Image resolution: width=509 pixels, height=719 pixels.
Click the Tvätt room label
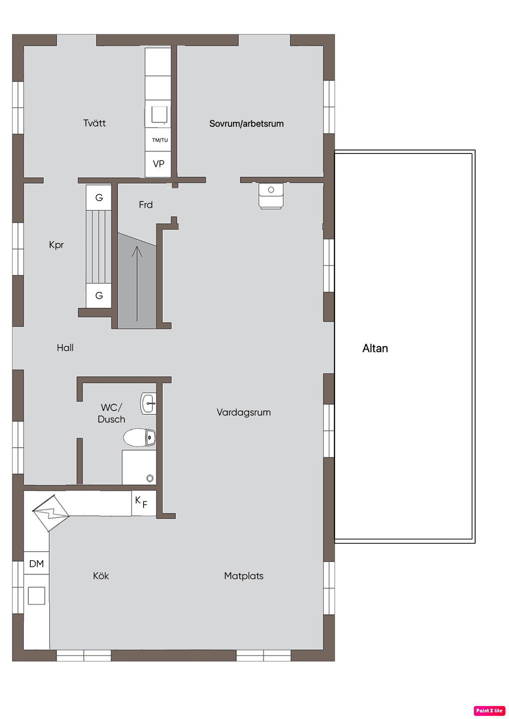pyautogui.click(x=94, y=123)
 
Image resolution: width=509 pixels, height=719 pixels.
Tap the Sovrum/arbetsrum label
pyautogui.click(x=247, y=124)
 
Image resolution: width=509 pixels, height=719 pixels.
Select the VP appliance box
pyautogui.click(x=158, y=164)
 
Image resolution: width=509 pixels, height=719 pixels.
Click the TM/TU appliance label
pyautogui.click(x=160, y=140)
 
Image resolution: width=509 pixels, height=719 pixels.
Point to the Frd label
pyautogui.click(x=146, y=205)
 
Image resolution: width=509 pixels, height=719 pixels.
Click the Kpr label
pyautogui.click(x=56, y=245)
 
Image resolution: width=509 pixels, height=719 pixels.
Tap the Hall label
pyautogui.click(x=65, y=348)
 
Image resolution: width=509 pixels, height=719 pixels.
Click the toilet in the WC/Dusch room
pyautogui.click(x=140, y=437)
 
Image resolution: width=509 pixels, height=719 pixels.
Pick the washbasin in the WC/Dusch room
pyautogui.click(x=149, y=404)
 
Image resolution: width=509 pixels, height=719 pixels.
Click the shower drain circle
pyautogui.click(x=150, y=478)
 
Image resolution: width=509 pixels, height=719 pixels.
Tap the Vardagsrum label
pyautogui.click(x=244, y=412)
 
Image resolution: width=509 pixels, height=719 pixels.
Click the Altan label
pyautogui.click(x=375, y=348)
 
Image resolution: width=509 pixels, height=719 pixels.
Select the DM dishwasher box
pyautogui.click(x=36, y=563)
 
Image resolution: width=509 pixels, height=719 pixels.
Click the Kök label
pyautogui.click(x=101, y=576)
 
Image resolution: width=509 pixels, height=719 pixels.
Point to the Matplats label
pyautogui.click(x=244, y=576)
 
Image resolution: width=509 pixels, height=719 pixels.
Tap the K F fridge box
pyautogui.click(x=144, y=503)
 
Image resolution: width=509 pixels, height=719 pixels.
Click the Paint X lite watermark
pyautogui.click(x=489, y=711)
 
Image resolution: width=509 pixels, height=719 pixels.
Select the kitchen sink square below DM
pyautogui.click(x=36, y=595)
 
